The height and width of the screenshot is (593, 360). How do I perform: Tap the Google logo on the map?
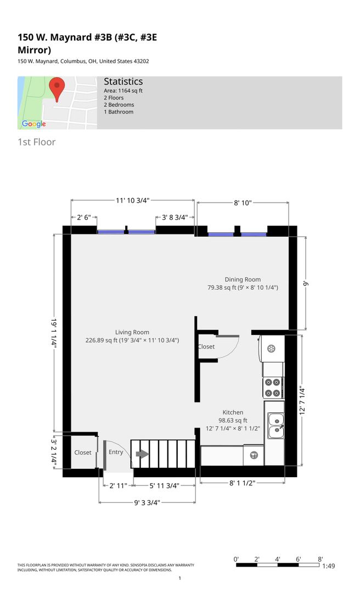[34, 124]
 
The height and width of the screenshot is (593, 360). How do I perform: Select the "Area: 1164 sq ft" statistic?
[123, 91]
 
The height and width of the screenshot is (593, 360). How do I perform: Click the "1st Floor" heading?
[37, 142]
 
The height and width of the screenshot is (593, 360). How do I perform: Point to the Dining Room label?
[243, 279]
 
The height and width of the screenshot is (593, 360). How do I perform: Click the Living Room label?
[132, 332]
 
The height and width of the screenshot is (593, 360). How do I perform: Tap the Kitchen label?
[233, 412]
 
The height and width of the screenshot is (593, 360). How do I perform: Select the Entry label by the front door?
[116, 452]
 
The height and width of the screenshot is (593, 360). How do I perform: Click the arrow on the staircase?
[142, 454]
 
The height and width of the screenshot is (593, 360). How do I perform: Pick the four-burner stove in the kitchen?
[273, 388]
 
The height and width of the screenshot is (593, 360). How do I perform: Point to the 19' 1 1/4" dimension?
[54, 333]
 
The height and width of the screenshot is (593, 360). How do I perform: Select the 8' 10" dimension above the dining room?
[243, 203]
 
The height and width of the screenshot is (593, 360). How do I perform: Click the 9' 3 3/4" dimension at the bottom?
[147, 502]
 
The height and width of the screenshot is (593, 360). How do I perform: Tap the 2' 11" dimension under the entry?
[118, 485]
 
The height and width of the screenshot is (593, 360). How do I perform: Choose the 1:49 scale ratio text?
[329, 566]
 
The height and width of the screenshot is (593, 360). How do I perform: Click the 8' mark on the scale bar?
[320, 560]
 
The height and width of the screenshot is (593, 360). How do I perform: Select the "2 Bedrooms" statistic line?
[119, 105]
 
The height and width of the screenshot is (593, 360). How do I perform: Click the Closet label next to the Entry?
[83, 452]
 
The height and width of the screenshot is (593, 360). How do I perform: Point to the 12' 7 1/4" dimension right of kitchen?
[302, 400]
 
